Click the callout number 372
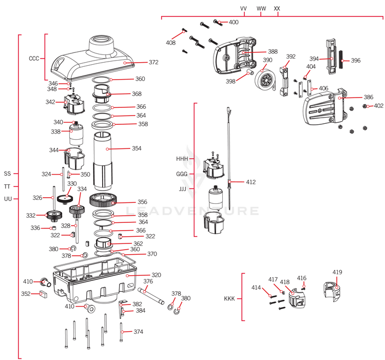coord(153,62)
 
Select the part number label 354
coord(137,148)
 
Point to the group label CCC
coord(34,59)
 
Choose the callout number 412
coord(251,182)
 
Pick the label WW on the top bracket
coord(261,9)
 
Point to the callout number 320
coord(156,275)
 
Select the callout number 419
coord(337,272)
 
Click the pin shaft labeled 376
coord(154,297)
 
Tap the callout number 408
coord(171,43)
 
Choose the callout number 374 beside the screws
coord(138,332)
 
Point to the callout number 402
coord(378,106)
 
